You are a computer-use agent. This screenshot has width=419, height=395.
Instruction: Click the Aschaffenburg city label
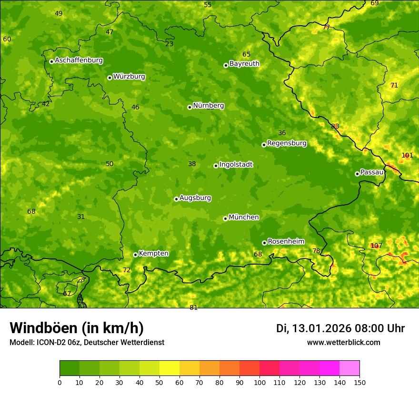pos(79,60)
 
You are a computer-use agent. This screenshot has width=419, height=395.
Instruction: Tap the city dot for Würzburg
pos(110,78)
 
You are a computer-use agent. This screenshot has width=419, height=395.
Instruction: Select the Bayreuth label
pos(244,64)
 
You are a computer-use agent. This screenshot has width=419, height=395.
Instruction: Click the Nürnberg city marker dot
pos(190,107)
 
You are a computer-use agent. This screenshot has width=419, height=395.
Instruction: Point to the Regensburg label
pos(287,143)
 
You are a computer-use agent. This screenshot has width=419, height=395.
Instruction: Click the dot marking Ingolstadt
pos(216,166)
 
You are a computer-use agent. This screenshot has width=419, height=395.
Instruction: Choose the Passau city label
pos(372,172)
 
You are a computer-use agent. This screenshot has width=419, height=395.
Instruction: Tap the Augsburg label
pos(195,198)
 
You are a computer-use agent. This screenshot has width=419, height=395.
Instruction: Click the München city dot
pos(225,218)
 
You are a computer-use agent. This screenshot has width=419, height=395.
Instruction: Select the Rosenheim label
pos(286,242)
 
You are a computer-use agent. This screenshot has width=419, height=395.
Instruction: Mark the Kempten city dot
pos(135,255)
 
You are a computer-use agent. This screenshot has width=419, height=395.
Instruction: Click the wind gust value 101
pos(407,156)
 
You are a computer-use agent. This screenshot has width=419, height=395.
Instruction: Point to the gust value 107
pos(376,246)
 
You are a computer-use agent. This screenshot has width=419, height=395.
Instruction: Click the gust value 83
pos(335,127)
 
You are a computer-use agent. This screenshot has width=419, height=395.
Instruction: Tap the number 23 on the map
pos(170,44)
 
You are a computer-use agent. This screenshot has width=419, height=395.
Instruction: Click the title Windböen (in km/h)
pos(77,328)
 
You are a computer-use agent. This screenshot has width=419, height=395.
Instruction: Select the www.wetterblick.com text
pos(343,343)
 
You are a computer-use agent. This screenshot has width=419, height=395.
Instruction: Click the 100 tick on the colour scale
pos(259,383)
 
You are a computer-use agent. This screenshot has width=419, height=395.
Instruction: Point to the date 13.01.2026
pos(321,328)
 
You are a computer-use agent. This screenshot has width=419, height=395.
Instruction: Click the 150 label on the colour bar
pos(359,383)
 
